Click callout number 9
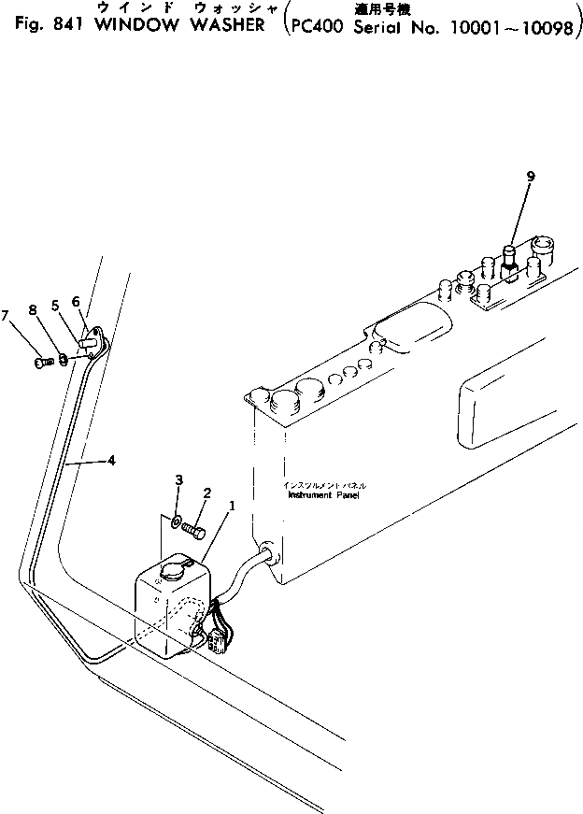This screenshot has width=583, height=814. click(531, 175)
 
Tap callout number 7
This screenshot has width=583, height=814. click(7, 314)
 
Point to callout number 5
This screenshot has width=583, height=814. click(55, 305)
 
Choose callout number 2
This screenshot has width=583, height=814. click(207, 493)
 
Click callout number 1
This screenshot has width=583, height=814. click(232, 506)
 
